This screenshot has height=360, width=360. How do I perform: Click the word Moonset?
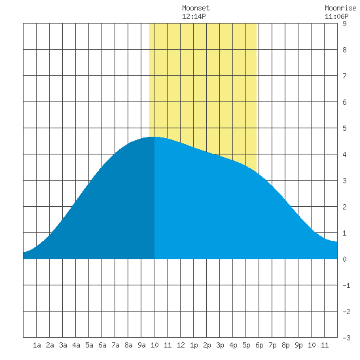pyautogui.click(x=196, y=8)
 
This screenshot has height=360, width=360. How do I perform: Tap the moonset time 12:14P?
pyautogui.click(x=194, y=16)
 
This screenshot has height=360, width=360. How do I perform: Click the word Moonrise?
pyautogui.click(x=340, y=8)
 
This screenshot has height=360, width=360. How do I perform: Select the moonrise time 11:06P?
pyautogui.click(x=336, y=16)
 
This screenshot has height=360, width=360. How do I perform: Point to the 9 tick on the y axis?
pyautogui.click(x=344, y=24)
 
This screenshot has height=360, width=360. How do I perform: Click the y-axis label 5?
pyautogui.click(x=344, y=128)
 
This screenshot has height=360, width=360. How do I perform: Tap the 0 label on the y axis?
pyautogui.click(x=344, y=259)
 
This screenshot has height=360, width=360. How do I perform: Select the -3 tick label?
pyautogui.click(x=346, y=338)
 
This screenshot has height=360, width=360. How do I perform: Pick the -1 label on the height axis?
pyautogui.click(x=346, y=285)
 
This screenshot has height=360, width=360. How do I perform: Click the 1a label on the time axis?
pyautogui.click(x=37, y=345)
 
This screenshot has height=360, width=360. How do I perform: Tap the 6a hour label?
pyautogui.click(x=102, y=345)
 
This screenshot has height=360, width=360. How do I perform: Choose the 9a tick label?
pyautogui.click(x=141, y=345)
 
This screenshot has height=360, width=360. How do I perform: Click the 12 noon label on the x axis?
pyautogui.click(x=181, y=345)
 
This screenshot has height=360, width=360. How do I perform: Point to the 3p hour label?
pyautogui.click(x=220, y=345)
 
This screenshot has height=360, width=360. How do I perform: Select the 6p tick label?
pyautogui.click(x=259, y=345)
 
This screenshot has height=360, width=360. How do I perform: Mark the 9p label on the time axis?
pyautogui.click(x=298, y=345)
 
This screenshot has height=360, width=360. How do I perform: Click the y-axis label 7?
pyautogui.click(x=344, y=76)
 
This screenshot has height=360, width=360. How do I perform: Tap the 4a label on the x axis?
pyautogui.click(x=76, y=345)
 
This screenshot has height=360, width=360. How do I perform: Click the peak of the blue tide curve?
pyautogui.click(x=155, y=137)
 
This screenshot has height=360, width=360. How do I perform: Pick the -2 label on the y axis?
pyautogui.click(x=346, y=312)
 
